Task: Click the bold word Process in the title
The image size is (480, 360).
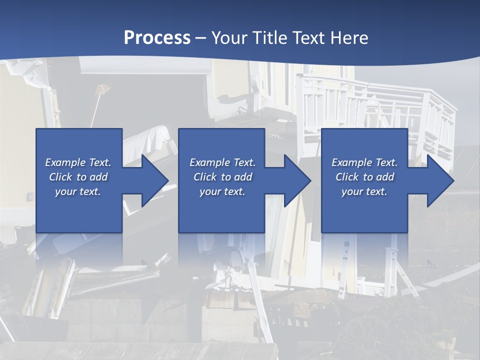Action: coord(157,38)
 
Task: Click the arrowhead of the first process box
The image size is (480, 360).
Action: coord(155,180)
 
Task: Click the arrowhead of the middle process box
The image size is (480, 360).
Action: coord(297,180)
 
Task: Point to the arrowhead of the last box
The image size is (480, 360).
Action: coord(440,180)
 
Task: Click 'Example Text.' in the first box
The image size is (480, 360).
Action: coord(78,162)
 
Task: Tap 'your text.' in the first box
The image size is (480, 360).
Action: coord(78,191)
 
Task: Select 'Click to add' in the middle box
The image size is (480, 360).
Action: coord(222,177)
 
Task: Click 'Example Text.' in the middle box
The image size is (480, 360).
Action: coord(222,162)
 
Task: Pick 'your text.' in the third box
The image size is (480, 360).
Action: coord(364,191)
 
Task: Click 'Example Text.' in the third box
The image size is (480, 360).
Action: coord(364,162)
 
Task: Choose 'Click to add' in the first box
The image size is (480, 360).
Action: coord(78,177)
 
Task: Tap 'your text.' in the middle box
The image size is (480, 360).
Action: coord(222,191)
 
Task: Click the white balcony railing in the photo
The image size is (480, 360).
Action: coord(380,105)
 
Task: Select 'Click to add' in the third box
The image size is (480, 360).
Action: coord(364,177)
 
